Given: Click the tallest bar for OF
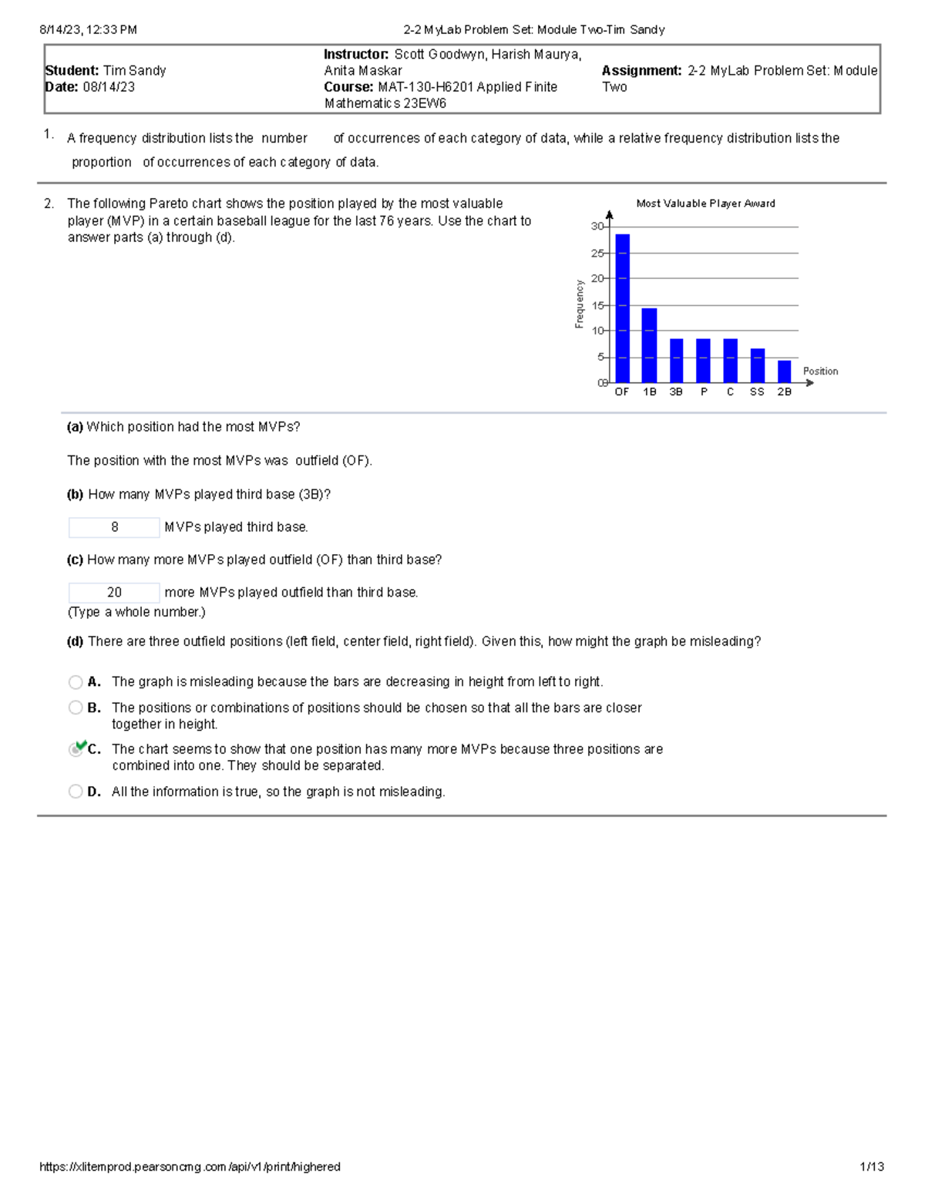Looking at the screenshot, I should pos(622,308).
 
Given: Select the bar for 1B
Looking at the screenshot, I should pos(649,345).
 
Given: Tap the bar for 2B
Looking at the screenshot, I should pos(784,372).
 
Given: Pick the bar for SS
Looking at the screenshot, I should pos(757,365).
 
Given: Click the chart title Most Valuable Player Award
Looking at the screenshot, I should pos(705,203).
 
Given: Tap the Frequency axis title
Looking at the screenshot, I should pos(579,304).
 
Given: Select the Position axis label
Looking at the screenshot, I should pos(820,372).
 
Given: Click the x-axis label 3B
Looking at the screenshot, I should pos(676,392).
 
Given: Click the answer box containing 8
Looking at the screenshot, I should pos(114,527).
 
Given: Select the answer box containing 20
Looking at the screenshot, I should pos(114,593).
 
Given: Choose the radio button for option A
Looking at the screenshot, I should pos(76,682).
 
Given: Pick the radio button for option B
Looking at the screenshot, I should pos(76,708).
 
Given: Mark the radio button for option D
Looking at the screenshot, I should pos(76,792).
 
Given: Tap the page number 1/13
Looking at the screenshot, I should pos(872,1167).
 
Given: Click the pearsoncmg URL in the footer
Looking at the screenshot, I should pos(190,1167).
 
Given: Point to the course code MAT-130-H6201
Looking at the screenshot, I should pos(423,87).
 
